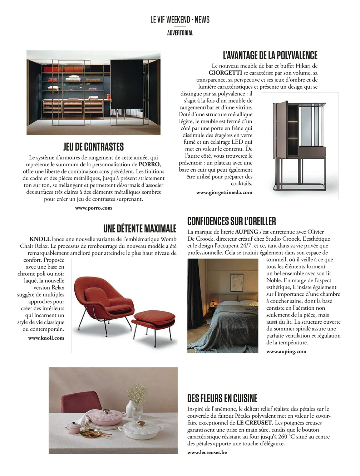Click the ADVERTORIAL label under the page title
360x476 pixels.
point(180,33)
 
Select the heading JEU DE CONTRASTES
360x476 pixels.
point(94,147)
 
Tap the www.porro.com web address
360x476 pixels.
point(93,208)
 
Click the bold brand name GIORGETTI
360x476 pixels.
point(225,73)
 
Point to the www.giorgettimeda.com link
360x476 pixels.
point(224,192)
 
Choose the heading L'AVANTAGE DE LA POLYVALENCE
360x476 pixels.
point(270,55)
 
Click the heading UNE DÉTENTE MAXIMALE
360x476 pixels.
point(140,229)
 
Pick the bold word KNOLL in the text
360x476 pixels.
point(40,239)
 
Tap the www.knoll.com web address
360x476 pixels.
point(46,338)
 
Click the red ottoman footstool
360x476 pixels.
point(154,318)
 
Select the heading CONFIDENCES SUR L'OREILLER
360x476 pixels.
point(231,221)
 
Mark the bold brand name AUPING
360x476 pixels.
point(246,232)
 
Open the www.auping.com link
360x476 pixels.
point(286,351)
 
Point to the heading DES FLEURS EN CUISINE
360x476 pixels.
point(222,398)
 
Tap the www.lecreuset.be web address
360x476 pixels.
point(207,452)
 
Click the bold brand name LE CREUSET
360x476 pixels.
point(254,423)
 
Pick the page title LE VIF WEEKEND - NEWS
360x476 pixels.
point(180,20)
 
